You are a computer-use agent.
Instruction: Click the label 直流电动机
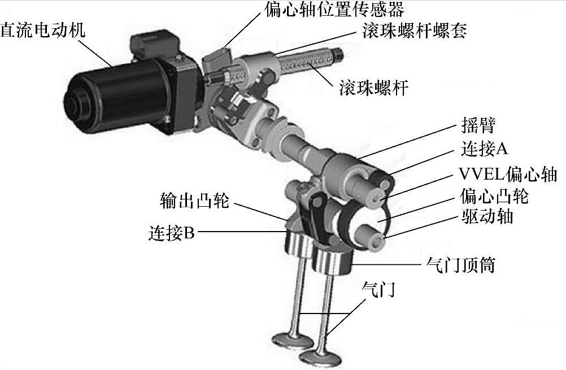(x=42, y=30)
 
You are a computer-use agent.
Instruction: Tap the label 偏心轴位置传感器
(x=334, y=10)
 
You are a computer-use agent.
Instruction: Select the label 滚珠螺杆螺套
(x=415, y=30)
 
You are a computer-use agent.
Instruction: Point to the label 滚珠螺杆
(x=373, y=88)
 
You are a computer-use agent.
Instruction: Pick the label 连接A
(x=484, y=149)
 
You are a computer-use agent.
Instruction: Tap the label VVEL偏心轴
(x=507, y=174)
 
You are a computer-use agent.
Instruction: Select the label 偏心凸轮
(x=494, y=197)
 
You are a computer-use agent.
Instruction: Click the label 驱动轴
(x=487, y=216)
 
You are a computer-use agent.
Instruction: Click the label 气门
(x=378, y=289)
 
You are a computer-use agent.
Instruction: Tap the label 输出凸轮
(x=194, y=200)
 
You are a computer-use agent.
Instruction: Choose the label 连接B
(x=172, y=233)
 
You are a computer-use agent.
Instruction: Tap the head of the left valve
(x=293, y=340)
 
